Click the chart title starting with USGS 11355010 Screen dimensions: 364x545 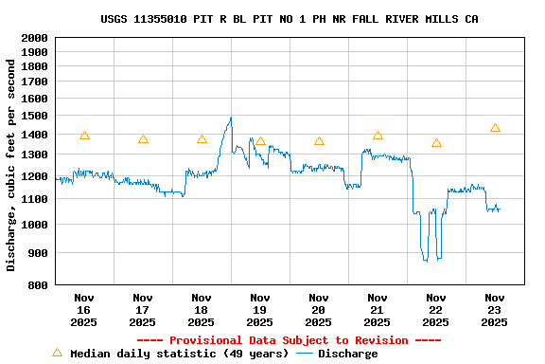[289, 19]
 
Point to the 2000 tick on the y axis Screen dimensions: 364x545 [35, 38]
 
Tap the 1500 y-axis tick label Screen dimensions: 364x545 [35, 117]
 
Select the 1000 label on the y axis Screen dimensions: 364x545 [35, 225]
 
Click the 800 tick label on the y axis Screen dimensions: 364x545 [39, 284]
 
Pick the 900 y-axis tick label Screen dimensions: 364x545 [39, 253]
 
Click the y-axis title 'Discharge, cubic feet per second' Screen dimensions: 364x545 [11, 161]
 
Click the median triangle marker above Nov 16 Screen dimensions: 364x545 [84, 136]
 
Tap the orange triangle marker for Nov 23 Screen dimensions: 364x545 [495, 128]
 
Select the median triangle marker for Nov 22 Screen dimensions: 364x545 [436, 143]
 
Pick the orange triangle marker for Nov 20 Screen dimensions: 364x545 [319, 141]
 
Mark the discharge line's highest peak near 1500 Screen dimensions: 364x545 [230, 118]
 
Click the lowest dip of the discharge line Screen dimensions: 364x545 [426, 260]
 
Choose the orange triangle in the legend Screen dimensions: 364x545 [57, 353]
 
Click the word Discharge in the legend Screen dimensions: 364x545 [347, 354]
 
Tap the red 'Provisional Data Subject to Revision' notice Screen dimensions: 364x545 [289, 340]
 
